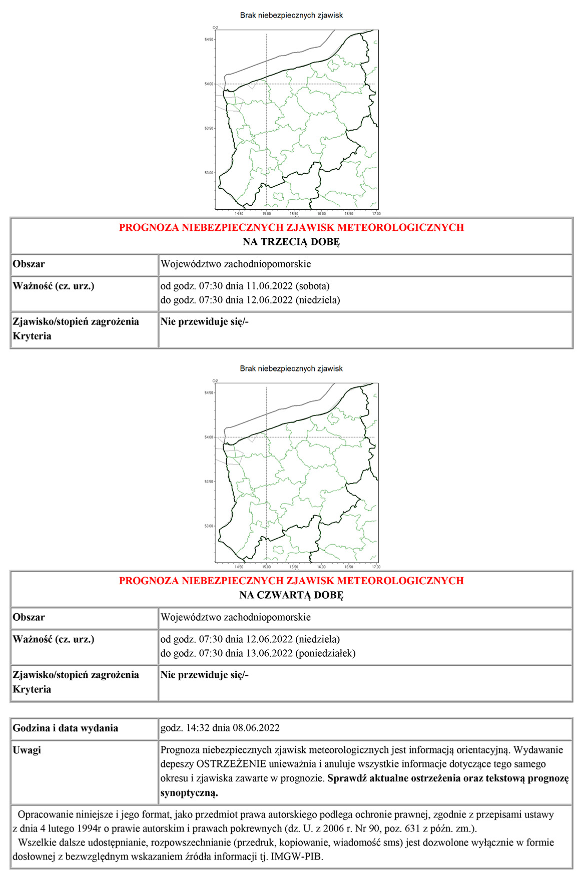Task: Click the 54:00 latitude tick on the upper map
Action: (208, 84)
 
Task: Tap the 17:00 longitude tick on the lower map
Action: (376, 567)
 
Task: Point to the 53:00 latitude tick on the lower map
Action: (208, 526)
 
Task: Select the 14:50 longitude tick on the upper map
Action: (239, 214)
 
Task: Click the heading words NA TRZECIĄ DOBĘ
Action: (291, 242)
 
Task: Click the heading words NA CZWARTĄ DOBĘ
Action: (291, 595)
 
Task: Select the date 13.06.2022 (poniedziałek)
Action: (300, 653)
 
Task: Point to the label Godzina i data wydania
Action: (66, 728)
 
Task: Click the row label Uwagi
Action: (27, 750)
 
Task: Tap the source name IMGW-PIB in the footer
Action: (297, 856)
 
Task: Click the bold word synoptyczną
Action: (189, 793)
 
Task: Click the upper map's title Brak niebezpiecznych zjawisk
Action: (291, 16)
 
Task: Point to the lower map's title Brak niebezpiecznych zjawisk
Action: (291, 368)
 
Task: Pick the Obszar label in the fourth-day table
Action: (29, 617)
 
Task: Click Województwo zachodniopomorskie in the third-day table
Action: (236, 264)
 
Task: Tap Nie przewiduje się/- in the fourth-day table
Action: (205, 675)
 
